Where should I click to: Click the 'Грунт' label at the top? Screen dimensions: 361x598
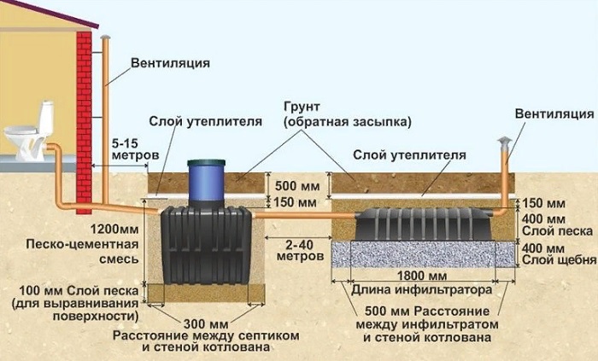click(x=304, y=108)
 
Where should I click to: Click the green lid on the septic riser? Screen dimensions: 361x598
click(x=207, y=161)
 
